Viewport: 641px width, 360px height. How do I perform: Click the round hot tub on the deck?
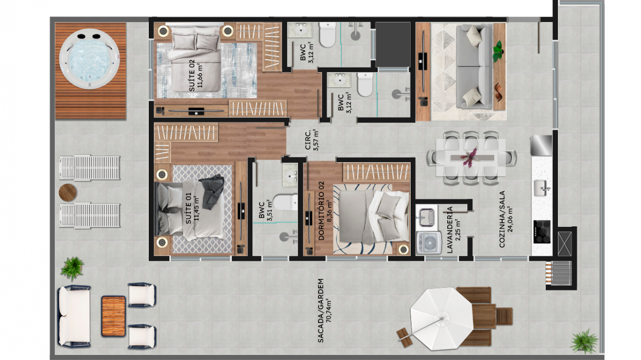point(89,59)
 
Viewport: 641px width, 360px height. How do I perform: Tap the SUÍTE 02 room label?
point(196,75)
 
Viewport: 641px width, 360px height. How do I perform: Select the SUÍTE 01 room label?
point(192,208)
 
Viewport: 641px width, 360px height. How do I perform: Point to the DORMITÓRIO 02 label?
point(325,211)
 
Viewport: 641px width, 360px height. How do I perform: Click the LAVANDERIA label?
point(454,229)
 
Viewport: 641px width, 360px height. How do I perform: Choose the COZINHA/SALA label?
point(506,219)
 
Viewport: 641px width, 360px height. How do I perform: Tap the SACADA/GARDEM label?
point(324,310)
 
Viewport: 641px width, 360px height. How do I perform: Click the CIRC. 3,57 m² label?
point(311,140)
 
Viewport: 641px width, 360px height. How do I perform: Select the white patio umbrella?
point(441,318)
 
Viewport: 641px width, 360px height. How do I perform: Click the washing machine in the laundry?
point(429,243)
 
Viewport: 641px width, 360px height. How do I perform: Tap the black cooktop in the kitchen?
point(542,232)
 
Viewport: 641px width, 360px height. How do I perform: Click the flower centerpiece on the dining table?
point(470,158)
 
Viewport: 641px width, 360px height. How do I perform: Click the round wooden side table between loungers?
point(68,192)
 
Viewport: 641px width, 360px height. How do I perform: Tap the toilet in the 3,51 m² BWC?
point(285,202)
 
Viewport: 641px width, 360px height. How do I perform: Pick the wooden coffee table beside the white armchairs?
point(113,316)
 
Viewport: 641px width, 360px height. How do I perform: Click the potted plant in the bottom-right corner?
point(584,341)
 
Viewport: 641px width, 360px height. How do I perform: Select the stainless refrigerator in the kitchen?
point(541,145)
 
